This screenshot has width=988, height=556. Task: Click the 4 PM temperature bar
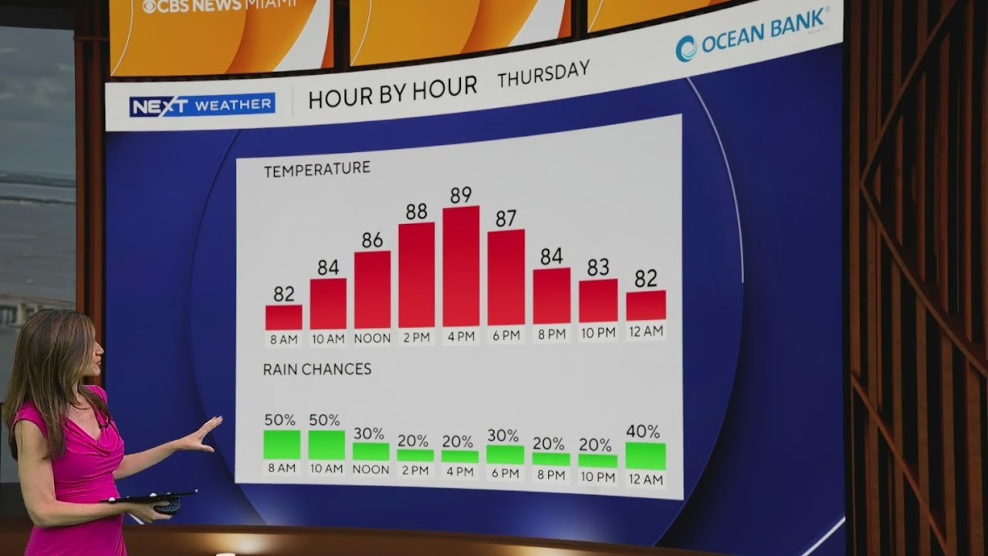(461, 266)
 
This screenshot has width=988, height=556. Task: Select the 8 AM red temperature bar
(283, 317)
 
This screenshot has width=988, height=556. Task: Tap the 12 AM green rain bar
(646, 456)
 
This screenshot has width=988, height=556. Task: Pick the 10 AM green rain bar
(327, 446)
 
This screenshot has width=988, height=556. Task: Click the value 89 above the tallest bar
(461, 195)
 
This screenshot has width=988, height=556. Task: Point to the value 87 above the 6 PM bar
(506, 219)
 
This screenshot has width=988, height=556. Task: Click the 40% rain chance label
(643, 431)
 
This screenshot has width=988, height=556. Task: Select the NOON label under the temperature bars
(372, 338)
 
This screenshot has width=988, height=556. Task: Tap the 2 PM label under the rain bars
(415, 470)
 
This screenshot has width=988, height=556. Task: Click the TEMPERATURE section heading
(317, 169)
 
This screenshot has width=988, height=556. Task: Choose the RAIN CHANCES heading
(317, 369)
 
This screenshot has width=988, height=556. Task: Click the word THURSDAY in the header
(543, 74)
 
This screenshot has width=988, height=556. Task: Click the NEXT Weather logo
(202, 105)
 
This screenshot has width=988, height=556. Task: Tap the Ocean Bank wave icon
(686, 49)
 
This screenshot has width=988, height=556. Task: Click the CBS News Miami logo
(219, 5)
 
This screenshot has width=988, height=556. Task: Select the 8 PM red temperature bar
(552, 296)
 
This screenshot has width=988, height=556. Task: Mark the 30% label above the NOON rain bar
(369, 434)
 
